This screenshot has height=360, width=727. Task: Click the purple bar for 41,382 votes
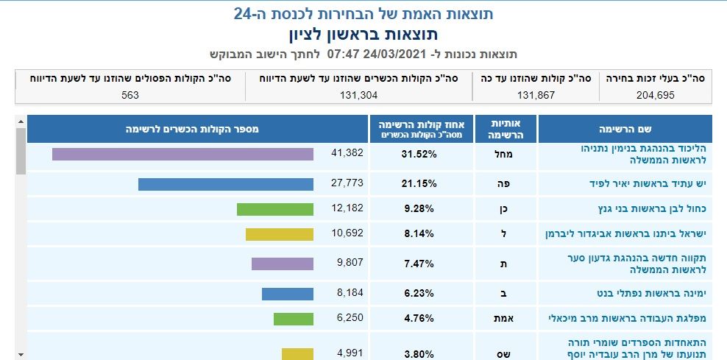coord(182,154)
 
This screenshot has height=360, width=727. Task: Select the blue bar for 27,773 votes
coord(225,184)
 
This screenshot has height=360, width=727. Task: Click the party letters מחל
coord(504,155)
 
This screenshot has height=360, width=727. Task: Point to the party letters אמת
coord(504,319)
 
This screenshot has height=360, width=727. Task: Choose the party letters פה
coord(504,183)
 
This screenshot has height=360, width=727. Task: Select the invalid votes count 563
coord(130,94)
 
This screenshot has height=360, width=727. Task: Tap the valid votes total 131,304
coord(358,94)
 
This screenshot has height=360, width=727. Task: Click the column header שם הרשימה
coord(625,129)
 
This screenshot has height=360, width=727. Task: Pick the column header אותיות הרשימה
coord(504,129)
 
